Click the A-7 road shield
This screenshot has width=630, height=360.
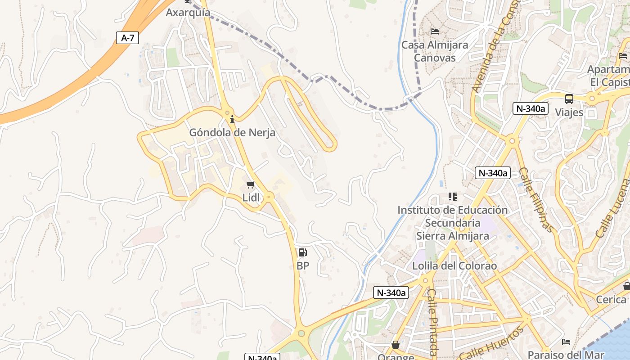[x=128, y=38]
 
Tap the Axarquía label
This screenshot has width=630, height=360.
[x=188, y=12]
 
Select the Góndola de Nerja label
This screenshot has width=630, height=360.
[x=232, y=133]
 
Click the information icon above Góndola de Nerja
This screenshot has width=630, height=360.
[x=232, y=119]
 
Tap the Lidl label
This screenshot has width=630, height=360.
[x=251, y=198]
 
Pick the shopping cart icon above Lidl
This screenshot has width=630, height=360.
[x=251, y=185]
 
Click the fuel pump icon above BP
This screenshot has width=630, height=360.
[x=303, y=252]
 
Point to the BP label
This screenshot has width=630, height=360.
[x=303, y=266]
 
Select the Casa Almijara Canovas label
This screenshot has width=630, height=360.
[x=435, y=51]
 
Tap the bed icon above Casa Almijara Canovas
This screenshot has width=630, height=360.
[x=435, y=31]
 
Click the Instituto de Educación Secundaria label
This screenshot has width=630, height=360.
[x=452, y=223]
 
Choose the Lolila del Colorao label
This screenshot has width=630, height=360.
[x=454, y=266]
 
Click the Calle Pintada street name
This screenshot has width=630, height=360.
[x=432, y=322]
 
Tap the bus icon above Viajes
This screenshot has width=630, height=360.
[x=569, y=99]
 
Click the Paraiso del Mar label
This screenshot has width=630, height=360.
[x=566, y=355]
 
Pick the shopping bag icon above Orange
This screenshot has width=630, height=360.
[x=396, y=345]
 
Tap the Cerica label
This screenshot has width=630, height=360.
[x=611, y=299]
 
